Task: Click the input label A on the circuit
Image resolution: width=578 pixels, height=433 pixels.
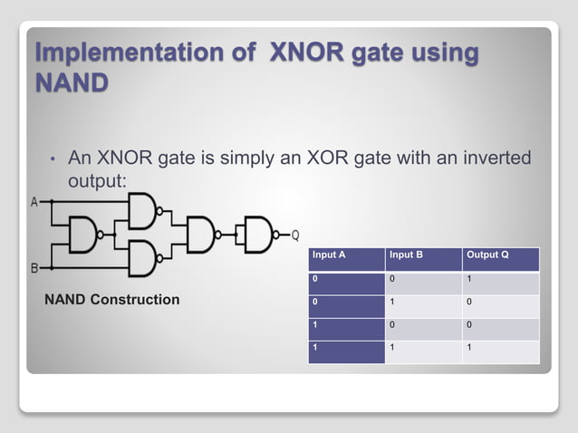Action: (x=34, y=202)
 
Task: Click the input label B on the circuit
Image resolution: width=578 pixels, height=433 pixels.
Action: (x=34, y=268)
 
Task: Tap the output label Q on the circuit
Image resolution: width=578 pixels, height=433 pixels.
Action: (x=294, y=236)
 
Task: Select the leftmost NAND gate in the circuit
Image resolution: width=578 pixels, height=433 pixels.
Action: (x=83, y=236)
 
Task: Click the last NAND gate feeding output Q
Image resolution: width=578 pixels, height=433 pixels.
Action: (x=256, y=236)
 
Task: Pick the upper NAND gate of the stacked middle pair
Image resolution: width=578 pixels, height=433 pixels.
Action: (x=143, y=213)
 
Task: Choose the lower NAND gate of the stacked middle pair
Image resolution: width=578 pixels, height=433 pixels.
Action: (x=143, y=258)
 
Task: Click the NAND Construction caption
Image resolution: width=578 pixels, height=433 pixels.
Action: (x=112, y=300)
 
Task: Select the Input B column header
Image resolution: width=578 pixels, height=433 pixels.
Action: (x=406, y=255)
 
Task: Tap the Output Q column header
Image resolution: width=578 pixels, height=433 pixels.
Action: (x=486, y=255)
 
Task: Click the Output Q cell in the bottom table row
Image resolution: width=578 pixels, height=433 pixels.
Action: (x=468, y=348)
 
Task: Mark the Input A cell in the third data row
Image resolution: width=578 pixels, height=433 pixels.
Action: (x=315, y=324)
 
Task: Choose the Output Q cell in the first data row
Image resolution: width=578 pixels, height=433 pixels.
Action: (x=468, y=278)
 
